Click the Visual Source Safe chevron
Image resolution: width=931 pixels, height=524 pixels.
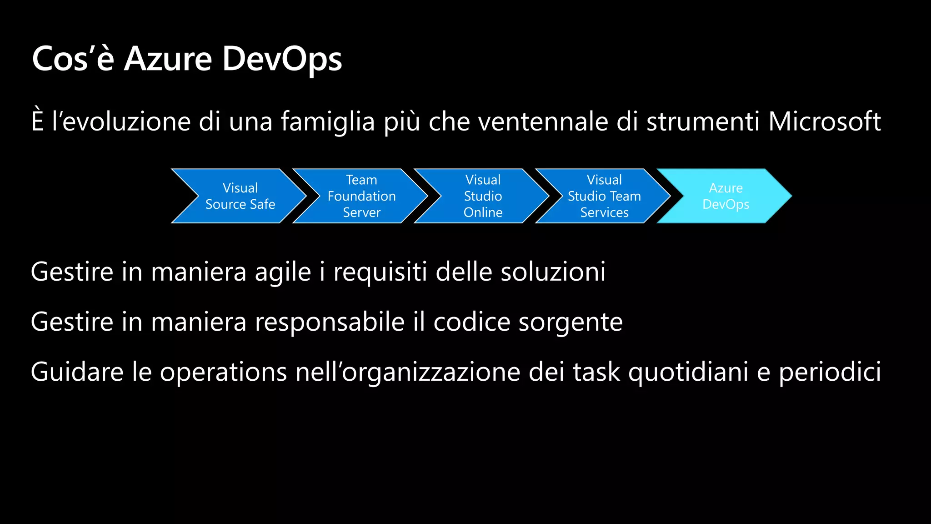point(240,196)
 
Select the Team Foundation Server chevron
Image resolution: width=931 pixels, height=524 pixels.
point(361,196)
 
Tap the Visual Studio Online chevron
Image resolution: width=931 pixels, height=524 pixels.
point(483,196)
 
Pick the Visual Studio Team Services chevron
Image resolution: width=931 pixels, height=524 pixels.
point(604,196)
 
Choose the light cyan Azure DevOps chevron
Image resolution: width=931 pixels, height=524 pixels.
point(726,196)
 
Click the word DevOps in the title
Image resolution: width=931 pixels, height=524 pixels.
point(282,59)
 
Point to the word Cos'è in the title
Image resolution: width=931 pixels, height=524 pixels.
point(73,59)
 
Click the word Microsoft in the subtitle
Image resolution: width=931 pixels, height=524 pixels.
point(824,121)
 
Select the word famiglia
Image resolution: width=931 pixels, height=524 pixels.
point(328,121)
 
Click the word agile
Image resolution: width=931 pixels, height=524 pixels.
point(283,272)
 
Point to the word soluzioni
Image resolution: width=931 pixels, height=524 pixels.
point(553,272)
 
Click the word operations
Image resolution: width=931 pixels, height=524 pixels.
point(223,373)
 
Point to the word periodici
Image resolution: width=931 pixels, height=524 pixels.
point(830,373)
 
